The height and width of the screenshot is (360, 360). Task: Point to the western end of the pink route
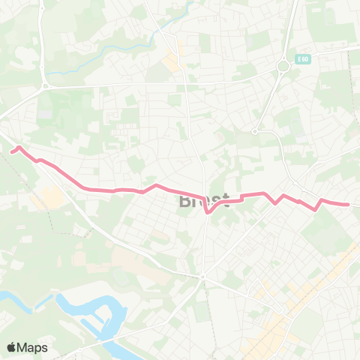tap(11, 151)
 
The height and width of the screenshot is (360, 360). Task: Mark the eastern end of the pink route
tap(348, 204)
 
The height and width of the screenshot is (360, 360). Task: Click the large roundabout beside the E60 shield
tap(283, 67)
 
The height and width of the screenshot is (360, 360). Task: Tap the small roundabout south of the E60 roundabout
tap(255, 131)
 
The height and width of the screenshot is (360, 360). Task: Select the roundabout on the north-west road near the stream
tap(45, 85)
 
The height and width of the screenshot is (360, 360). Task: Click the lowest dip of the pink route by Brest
tap(208, 212)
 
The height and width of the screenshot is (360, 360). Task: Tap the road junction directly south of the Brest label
tap(202, 277)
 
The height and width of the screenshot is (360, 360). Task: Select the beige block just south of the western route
tap(51, 197)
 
